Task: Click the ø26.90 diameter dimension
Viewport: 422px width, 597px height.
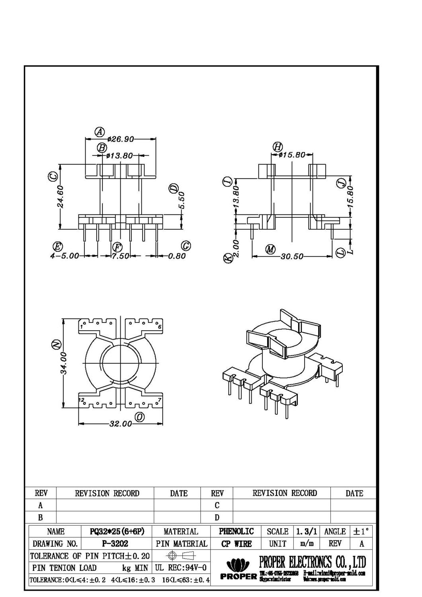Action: click(120, 139)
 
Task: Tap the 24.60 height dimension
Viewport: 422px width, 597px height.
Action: click(61, 196)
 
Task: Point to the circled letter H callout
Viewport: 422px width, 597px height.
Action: click(277, 146)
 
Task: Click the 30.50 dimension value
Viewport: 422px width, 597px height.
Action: click(292, 257)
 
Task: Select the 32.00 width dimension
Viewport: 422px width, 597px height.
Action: click(120, 424)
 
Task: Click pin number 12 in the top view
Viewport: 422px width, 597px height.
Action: click(81, 399)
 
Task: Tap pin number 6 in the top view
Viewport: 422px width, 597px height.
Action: click(160, 327)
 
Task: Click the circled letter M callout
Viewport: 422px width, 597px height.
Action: click(271, 250)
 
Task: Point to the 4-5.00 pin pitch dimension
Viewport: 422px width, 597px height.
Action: click(64, 256)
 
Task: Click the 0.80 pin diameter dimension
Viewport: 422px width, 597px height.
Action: click(176, 256)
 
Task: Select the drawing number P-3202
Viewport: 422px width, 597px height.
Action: click(115, 544)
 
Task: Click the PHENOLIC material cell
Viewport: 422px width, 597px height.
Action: click(236, 531)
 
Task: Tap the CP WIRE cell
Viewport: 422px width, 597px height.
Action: click(236, 544)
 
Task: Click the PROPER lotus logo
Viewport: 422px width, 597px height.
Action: click(238, 564)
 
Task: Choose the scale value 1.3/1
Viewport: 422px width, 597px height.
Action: click(307, 531)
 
